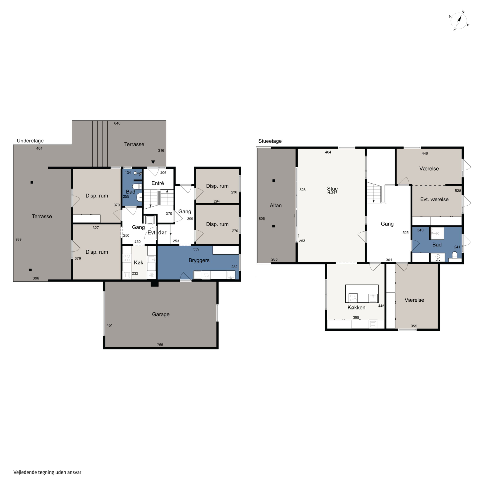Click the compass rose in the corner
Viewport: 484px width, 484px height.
(x=459, y=21)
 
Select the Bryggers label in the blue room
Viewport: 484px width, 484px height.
(x=199, y=261)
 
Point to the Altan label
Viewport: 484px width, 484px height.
(x=276, y=205)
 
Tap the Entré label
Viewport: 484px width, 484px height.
(x=158, y=183)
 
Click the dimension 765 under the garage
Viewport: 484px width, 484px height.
(x=160, y=345)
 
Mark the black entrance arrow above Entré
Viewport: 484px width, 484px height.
(x=153, y=162)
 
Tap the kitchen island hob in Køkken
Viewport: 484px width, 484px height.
(x=353, y=298)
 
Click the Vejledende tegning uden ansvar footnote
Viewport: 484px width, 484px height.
(x=47, y=472)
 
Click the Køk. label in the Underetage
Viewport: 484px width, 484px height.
(x=139, y=262)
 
